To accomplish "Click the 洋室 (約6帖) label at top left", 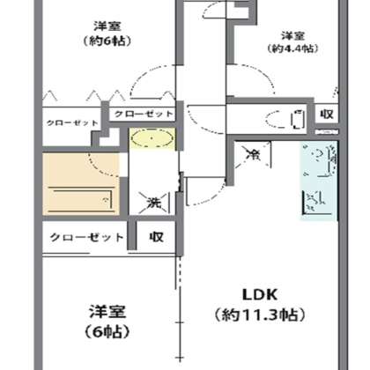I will coord(103,33).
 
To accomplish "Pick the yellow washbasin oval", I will coord(152,138).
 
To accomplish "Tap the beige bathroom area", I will coord(81,182).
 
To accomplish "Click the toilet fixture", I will coord(295,115).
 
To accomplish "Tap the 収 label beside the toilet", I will coord(326,115).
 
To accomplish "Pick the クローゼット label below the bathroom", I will coord(86,237).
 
